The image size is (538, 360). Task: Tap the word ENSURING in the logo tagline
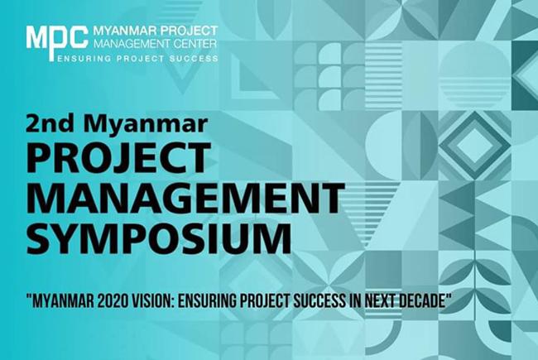[84, 59]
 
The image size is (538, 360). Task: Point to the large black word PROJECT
[118, 158]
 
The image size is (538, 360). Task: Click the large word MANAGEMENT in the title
[185, 199]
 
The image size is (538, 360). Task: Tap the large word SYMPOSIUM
[159, 238]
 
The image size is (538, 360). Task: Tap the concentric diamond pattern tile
[474, 145]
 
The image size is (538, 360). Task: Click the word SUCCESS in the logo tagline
[194, 59]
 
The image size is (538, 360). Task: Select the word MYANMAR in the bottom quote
[63, 301]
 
